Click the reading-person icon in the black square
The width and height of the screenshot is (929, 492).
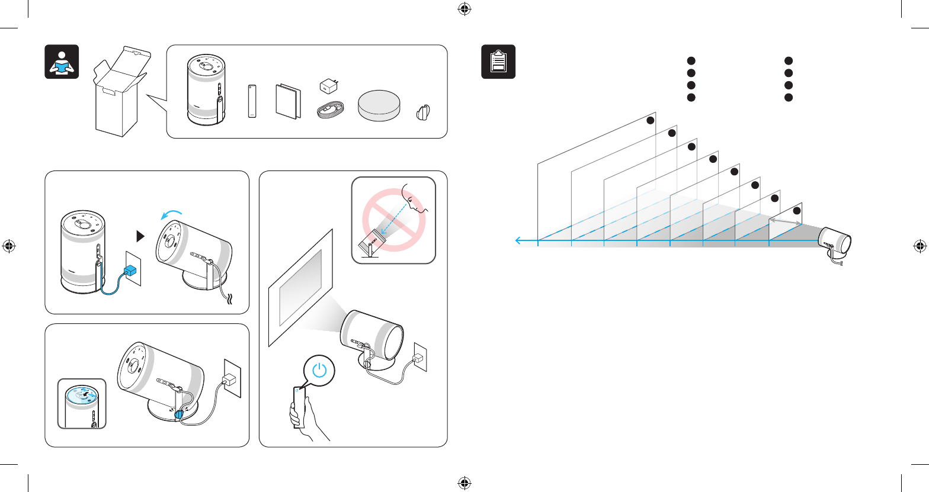(x=62, y=62)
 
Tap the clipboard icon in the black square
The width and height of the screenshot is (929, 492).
(x=498, y=62)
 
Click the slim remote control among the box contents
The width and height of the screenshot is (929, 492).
(x=252, y=102)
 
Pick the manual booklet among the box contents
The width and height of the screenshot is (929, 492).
(x=288, y=101)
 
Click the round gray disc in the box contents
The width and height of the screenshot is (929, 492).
(x=379, y=105)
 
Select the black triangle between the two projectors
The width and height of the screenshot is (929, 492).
(x=140, y=236)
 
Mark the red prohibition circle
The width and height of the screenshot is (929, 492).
(x=393, y=220)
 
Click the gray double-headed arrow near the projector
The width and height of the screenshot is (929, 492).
(x=786, y=220)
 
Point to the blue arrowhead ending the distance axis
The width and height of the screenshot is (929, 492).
(x=518, y=240)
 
